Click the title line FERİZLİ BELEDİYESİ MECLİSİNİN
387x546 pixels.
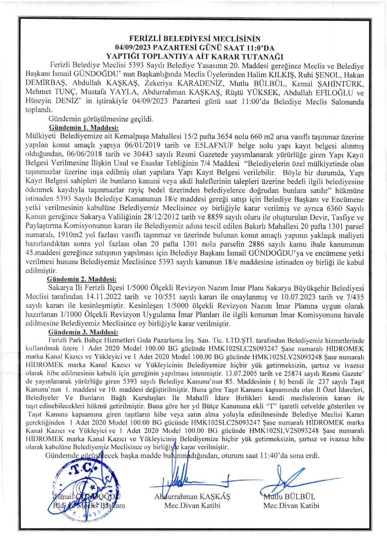tap(195, 39)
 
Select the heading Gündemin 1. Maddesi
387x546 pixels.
tap(84, 128)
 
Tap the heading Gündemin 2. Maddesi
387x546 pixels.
tap(82, 279)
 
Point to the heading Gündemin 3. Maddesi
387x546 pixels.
tap(83, 332)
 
